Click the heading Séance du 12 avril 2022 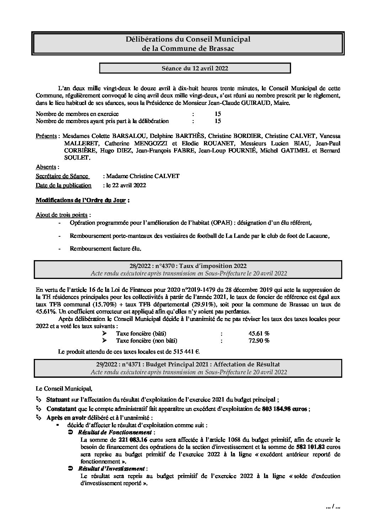pyautogui.click(x=195, y=68)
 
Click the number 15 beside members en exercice pyautogui.click(x=218, y=114)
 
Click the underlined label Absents pyautogui.click(x=46, y=167)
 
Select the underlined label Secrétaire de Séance pyautogui.click(x=62, y=176)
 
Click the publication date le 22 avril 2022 pyautogui.click(x=124, y=185)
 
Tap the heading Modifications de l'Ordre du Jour pyautogui.click(x=81, y=200)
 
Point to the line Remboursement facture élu pyautogui.click(x=106, y=249)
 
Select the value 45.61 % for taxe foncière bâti pyautogui.click(x=259, y=333)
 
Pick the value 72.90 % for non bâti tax pyautogui.click(x=259, y=340)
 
